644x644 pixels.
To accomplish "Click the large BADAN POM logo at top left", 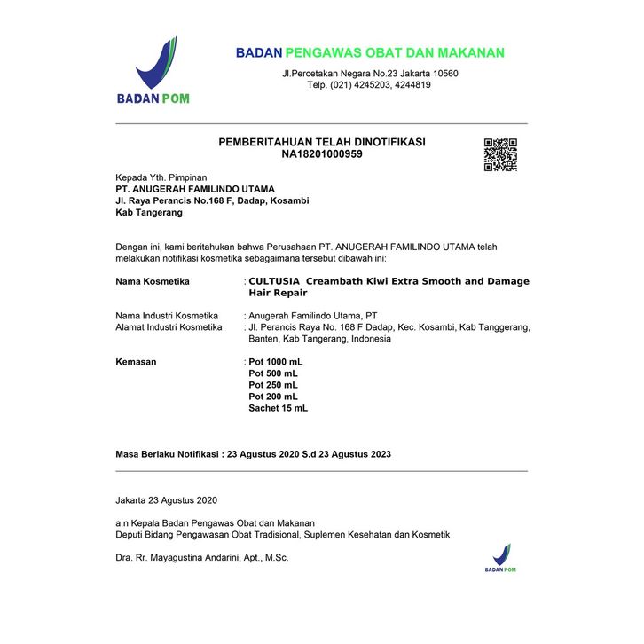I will (154, 71).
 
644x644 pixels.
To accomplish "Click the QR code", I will (500, 154).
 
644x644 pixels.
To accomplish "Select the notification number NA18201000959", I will (322, 154).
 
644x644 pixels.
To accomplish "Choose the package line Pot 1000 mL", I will (276, 363).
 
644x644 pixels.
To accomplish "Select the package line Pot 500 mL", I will (273, 374).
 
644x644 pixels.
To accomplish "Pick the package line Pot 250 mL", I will (273, 386).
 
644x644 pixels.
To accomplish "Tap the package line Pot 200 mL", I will (273, 397).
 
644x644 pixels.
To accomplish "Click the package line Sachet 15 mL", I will (279, 408).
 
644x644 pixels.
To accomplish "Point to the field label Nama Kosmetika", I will (153, 281).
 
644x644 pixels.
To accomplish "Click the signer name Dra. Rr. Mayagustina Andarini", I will (202, 558).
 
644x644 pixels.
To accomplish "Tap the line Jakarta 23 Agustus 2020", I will (166, 501).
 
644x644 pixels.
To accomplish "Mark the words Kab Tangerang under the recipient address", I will (149, 213).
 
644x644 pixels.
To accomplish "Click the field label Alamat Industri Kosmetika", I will (169, 327).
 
